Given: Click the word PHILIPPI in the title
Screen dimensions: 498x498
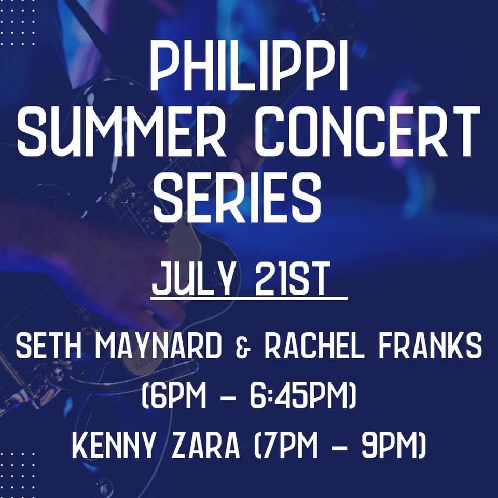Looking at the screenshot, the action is [x=248, y=67].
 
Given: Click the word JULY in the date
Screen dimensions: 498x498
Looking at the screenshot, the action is [x=196, y=280].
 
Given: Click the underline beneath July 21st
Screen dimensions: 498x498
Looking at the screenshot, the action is [x=249, y=299].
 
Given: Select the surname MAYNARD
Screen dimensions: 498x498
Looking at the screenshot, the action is [x=158, y=346].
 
